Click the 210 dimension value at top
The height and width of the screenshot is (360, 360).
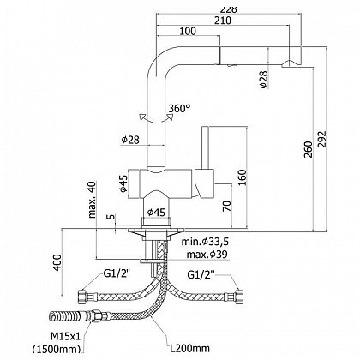pos(222,21)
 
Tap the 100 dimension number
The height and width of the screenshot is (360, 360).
pos(188,31)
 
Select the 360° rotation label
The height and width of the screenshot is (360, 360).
pos(179,109)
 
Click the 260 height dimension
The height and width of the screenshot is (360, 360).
pos(308,149)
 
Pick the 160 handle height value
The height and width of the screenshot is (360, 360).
pos(242,177)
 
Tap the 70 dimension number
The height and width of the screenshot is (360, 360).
pos(226,206)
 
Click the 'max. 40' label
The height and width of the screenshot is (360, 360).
pos(92,199)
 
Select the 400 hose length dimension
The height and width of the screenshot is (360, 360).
pos(57,262)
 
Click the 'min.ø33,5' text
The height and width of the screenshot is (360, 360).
pos(205,242)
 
